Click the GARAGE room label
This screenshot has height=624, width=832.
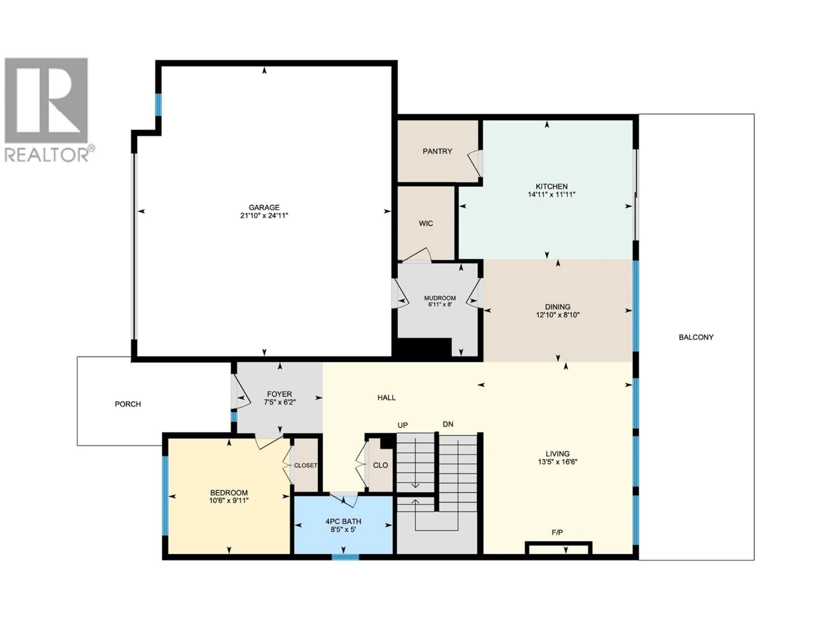tap(264, 207)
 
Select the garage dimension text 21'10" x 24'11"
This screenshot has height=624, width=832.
tap(264, 216)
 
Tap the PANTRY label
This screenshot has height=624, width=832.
tap(437, 151)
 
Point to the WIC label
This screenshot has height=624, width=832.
tap(426, 223)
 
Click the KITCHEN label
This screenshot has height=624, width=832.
tap(551, 186)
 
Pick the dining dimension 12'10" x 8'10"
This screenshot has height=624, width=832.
tap(557, 315)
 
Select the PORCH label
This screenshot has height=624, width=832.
tap(128, 404)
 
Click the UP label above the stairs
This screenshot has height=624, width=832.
tap(403, 425)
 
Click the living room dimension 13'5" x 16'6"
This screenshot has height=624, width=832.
tap(557, 462)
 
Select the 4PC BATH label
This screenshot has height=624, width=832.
tap(343, 521)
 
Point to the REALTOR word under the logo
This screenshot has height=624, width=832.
tap(46, 154)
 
